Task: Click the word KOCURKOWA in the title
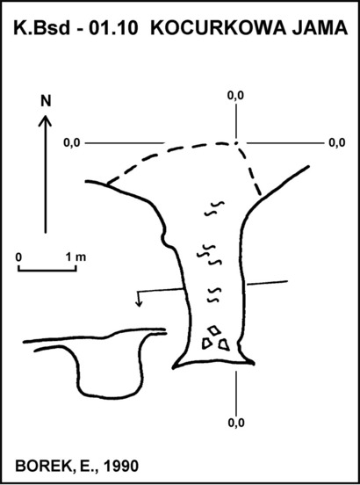pyautogui.click(x=217, y=28)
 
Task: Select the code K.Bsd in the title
pyautogui.click(x=42, y=28)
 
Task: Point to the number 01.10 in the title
pyautogui.click(x=112, y=28)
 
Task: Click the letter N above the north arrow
pyautogui.click(x=46, y=101)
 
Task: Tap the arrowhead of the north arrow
pyautogui.click(x=45, y=120)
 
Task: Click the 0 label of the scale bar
pyautogui.click(x=18, y=257)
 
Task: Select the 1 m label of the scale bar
pyautogui.click(x=76, y=257)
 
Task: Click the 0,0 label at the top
pyautogui.click(x=235, y=96)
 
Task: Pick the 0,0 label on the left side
pyautogui.click(x=72, y=143)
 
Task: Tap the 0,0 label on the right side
pyautogui.click(x=337, y=143)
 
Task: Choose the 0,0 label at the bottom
pyautogui.click(x=236, y=423)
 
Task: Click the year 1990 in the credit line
pyautogui.click(x=121, y=467)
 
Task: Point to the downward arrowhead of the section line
pyautogui.click(x=139, y=303)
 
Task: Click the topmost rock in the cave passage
pyautogui.click(x=213, y=330)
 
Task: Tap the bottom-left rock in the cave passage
pyautogui.click(x=206, y=344)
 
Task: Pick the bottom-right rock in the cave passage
pyautogui.click(x=224, y=345)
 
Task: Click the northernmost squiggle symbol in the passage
pyautogui.click(x=214, y=208)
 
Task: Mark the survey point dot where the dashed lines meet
pyautogui.click(x=236, y=143)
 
